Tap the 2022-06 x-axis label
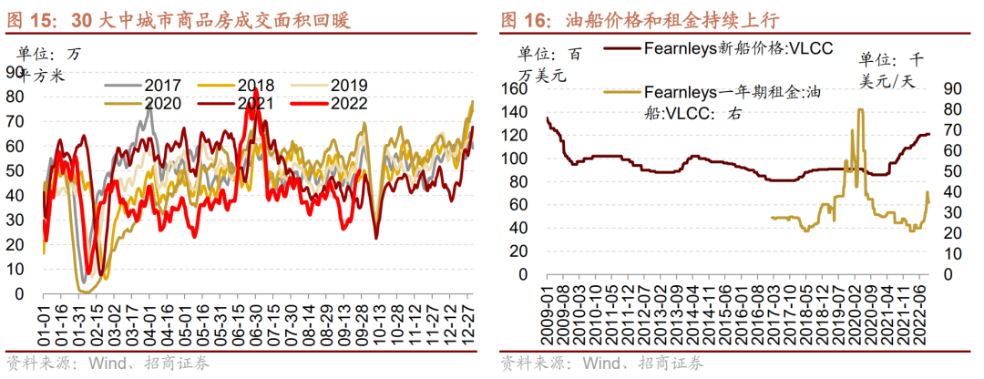[923, 319]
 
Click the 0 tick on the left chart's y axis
[21, 293]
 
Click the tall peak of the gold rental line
[860, 111]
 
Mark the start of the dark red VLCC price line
[548, 118]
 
